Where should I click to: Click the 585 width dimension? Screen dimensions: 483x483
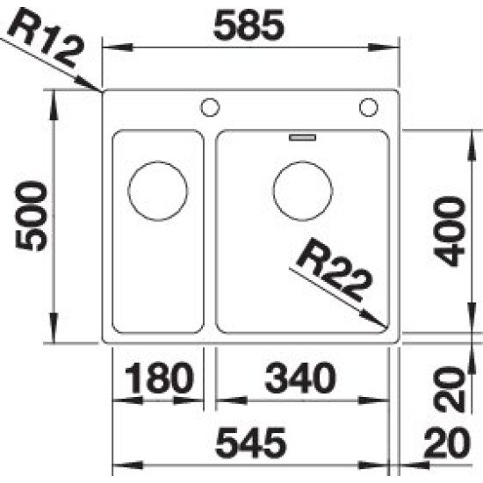(249, 25)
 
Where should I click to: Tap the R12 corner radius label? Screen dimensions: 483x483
(47, 37)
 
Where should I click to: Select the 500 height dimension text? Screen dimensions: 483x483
(31, 216)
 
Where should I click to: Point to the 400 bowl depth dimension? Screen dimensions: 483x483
(449, 232)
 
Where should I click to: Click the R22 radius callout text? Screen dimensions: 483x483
(335, 270)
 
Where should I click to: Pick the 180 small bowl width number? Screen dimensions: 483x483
(159, 378)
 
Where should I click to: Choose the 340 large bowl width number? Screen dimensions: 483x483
(299, 378)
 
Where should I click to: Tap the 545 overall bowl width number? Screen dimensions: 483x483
(251, 443)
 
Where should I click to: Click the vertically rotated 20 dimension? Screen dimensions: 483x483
(449, 389)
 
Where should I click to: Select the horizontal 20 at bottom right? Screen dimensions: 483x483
(447, 443)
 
